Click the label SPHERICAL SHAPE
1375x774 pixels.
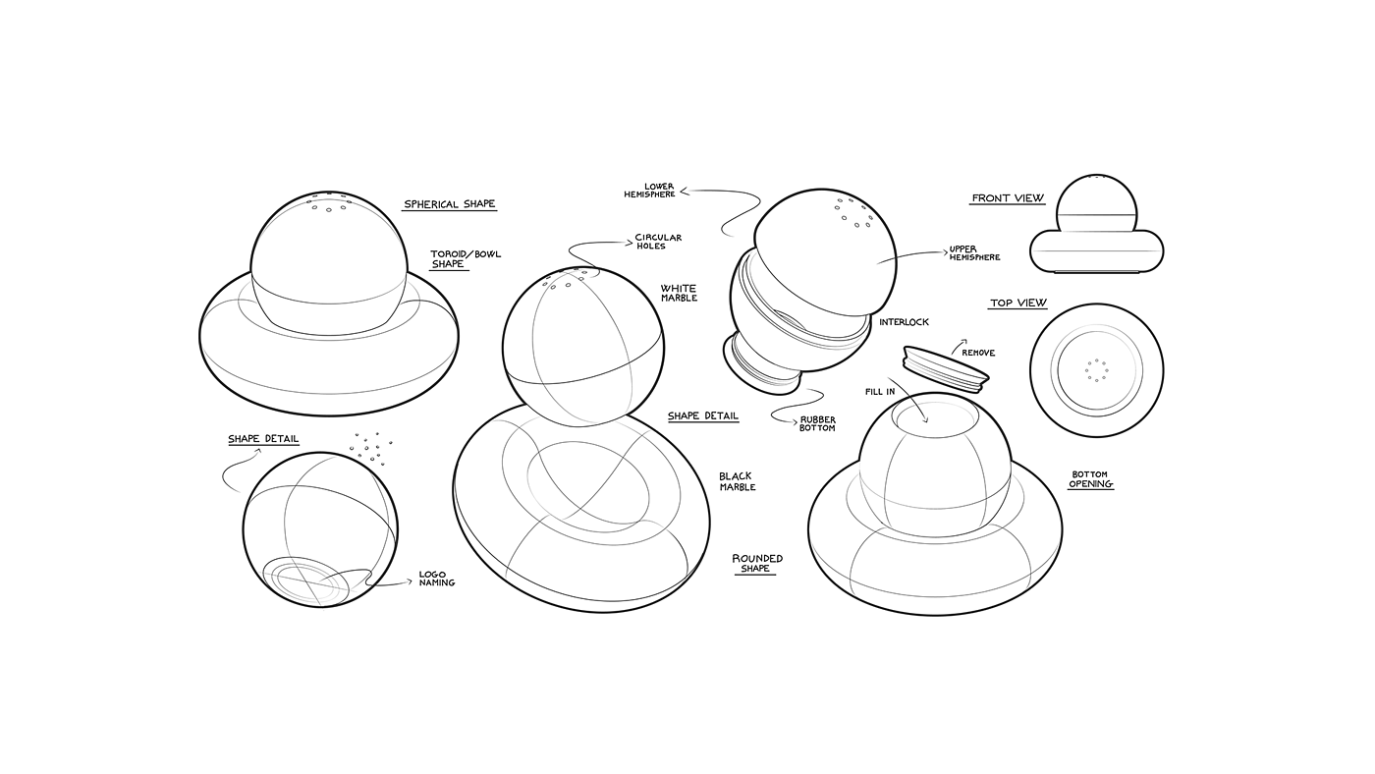pos(449,204)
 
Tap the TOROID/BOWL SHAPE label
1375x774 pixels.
pos(465,259)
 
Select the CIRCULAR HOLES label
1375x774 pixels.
pos(657,242)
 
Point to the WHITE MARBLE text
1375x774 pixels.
pos(678,293)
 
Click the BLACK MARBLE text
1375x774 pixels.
pos(737,481)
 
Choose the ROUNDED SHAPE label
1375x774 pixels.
pos(756,563)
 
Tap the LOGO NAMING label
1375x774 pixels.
pos(436,579)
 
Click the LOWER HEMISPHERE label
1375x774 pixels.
pos(649,190)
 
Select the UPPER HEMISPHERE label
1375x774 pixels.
pos(974,253)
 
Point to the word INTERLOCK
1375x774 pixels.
pos(904,322)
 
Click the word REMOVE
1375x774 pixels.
pos(977,353)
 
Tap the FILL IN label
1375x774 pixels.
pos(879,392)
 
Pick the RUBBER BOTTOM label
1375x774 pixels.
pos(817,423)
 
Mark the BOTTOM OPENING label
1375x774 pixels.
pos(1090,479)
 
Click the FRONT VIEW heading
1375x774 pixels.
pos(1008,198)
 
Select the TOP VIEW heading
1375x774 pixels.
pos(1017,304)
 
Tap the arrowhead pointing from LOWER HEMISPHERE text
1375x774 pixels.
pos(685,192)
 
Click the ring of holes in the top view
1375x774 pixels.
pos(1096,370)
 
